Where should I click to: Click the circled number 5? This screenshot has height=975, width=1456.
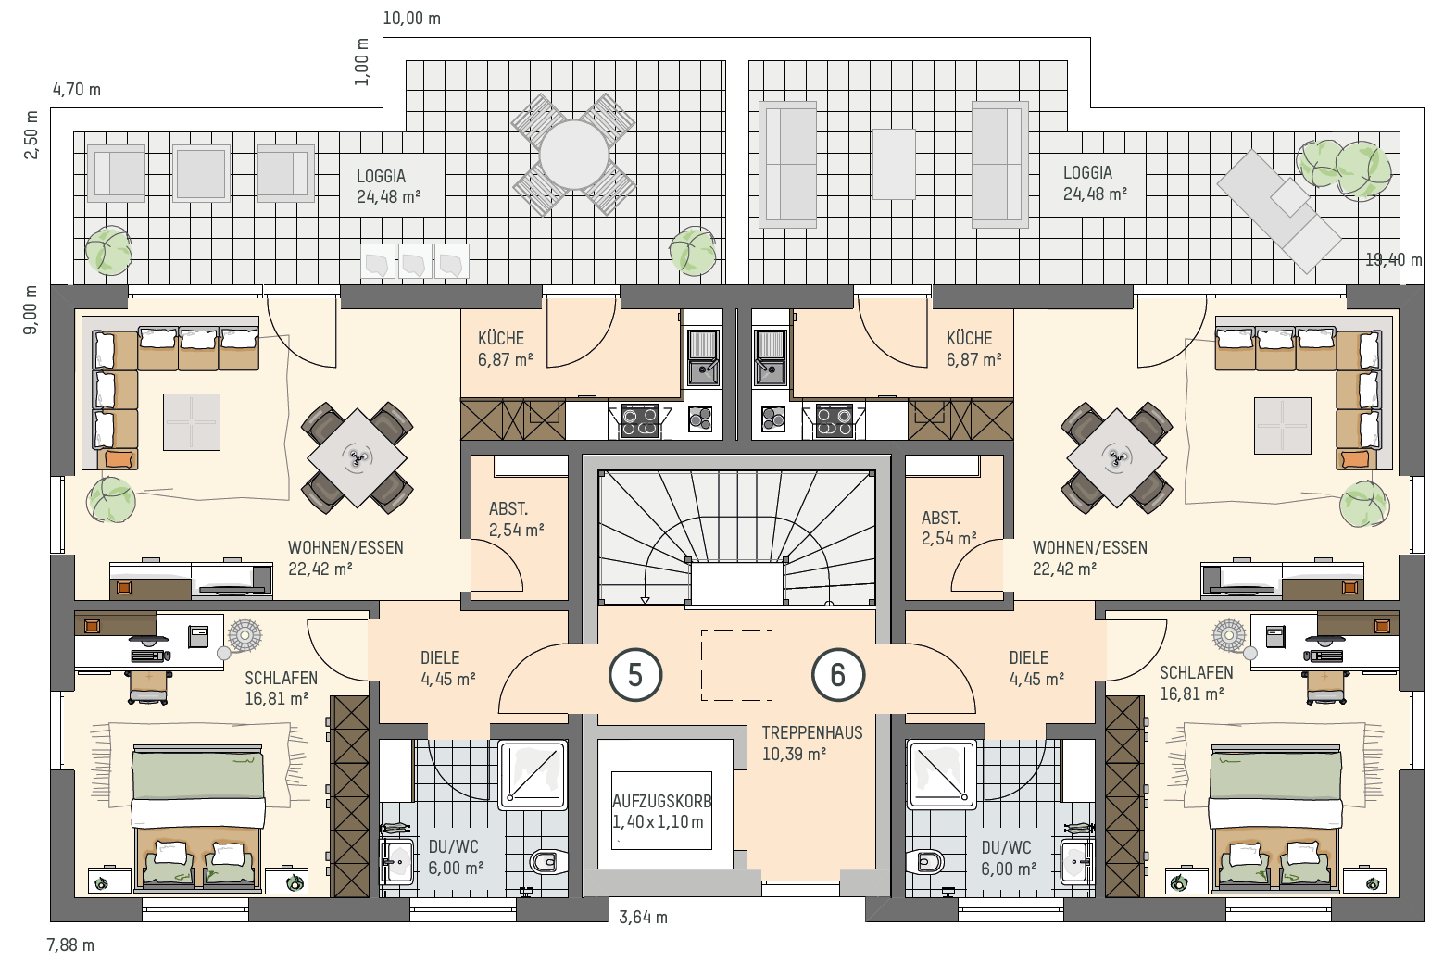pyautogui.click(x=635, y=675)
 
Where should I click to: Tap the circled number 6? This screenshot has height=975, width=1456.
pyautogui.click(x=838, y=675)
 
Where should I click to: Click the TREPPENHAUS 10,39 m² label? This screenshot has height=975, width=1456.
pyautogui.click(x=812, y=743)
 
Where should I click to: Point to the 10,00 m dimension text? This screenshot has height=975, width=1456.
pyautogui.click(x=411, y=19)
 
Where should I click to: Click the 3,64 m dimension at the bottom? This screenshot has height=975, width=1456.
pyautogui.click(x=643, y=918)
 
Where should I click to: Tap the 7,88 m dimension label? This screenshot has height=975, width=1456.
pyautogui.click(x=70, y=945)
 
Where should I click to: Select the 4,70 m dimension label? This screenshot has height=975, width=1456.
pyautogui.click(x=77, y=89)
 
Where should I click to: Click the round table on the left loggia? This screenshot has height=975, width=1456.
pyautogui.click(x=574, y=155)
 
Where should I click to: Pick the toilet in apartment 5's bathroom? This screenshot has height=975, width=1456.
pyautogui.click(x=547, y=863)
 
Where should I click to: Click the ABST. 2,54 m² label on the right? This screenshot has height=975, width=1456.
pyautogui.click(x=948, y=528)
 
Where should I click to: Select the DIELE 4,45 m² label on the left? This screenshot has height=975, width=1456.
pyautogui.click(x=448, y=669)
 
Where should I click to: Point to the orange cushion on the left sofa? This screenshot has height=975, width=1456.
pyautogui.click(x=119, y=459)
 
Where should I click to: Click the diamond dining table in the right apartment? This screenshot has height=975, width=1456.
pyautogui.click(x=1117, y=457)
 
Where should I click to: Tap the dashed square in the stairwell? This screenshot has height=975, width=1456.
pyautogui.click(x=736, y=665)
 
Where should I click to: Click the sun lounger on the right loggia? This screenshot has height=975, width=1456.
pyautogui.click(x=1278, y=211)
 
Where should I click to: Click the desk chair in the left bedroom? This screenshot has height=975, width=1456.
pyautogui.click(x=149, y=687)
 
